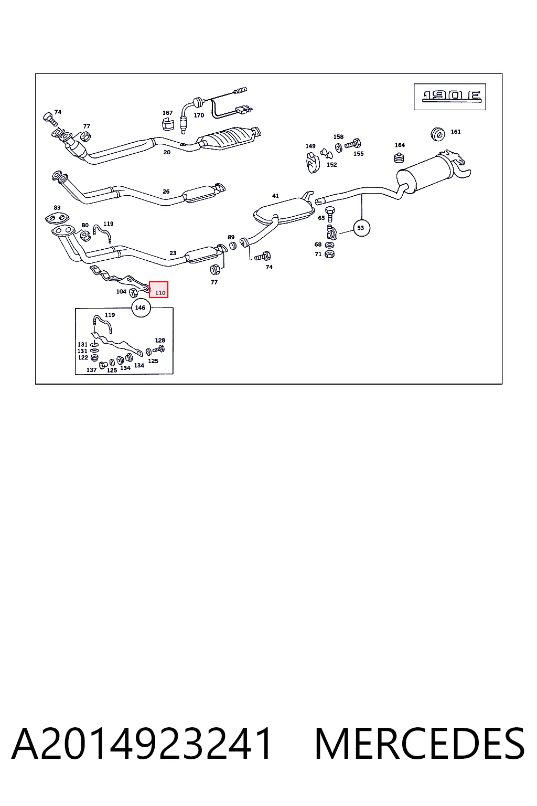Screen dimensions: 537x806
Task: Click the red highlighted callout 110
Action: click(x=158, y=290)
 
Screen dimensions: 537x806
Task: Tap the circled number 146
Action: click(x=141, y=307)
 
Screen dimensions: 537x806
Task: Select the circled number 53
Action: click(x=361, y=228)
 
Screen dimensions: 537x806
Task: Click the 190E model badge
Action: click(x=450, y=97)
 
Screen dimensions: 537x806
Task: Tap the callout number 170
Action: click(x=199, y=115)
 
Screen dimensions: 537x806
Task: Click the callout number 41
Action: click(x=275, y=196)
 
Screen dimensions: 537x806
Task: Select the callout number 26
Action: click(x=166, y=192)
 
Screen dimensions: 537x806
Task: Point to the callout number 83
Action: click(x=57, y=208)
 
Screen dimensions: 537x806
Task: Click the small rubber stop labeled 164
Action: click(x=399, y=157)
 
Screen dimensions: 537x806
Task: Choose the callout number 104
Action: click(x=121, y=291)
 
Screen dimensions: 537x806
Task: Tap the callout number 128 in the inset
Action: click(x=160, y=340)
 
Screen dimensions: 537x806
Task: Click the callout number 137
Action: click(x=91, y=370)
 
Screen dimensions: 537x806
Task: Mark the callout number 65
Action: click(x=321, y=218)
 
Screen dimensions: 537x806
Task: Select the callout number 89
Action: click(x=231, y=237)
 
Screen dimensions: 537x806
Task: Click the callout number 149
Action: click(x=310, y=146)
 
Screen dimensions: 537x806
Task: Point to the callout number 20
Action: click(x=167, y=152)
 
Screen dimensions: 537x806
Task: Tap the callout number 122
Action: click(x=83, y=358)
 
